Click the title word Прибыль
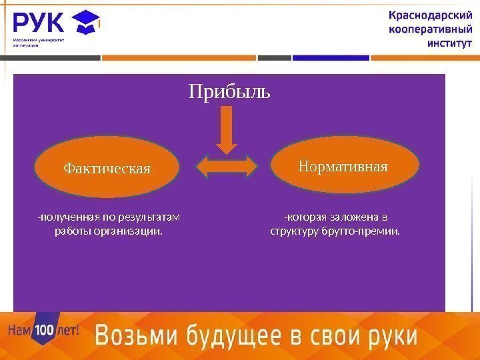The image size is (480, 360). point(229,91)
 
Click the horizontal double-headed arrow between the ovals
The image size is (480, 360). point(227,167)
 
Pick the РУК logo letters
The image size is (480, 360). point(39,24)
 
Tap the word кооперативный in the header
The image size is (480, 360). point(429,30)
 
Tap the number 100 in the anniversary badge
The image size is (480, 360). point(43,329)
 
